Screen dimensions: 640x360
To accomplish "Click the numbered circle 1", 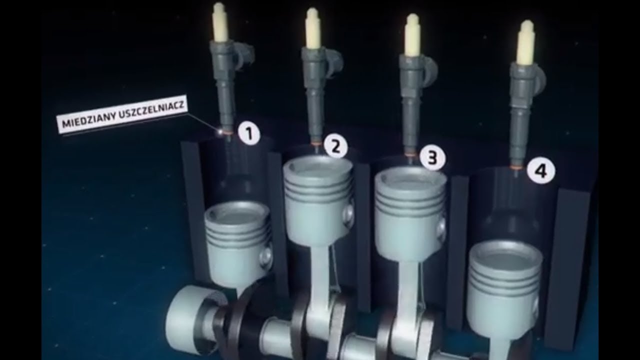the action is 249,133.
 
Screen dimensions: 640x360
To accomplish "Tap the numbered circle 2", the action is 336,147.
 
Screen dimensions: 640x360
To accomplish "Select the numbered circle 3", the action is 432,158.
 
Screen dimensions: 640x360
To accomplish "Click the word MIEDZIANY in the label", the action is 88,119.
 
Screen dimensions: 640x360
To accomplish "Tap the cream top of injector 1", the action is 219,22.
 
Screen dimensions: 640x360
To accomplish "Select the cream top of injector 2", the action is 312,28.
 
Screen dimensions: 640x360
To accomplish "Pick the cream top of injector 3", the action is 412,35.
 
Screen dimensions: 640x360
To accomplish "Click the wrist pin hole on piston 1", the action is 265,255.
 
